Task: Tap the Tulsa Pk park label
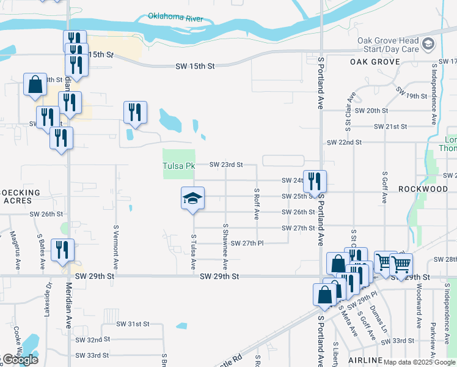[178, 166]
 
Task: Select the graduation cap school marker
[192, 198]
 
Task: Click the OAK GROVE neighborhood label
[375, 62]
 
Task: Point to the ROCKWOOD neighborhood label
[423, 189]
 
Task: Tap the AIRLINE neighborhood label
[365, 360]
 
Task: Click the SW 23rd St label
[226, 165]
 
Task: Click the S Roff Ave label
[257, 204]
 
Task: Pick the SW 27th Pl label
[247, 243]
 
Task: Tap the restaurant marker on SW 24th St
[315, 180]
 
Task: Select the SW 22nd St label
[345, 142]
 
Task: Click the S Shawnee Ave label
[225, 246]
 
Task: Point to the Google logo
[20, 360]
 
